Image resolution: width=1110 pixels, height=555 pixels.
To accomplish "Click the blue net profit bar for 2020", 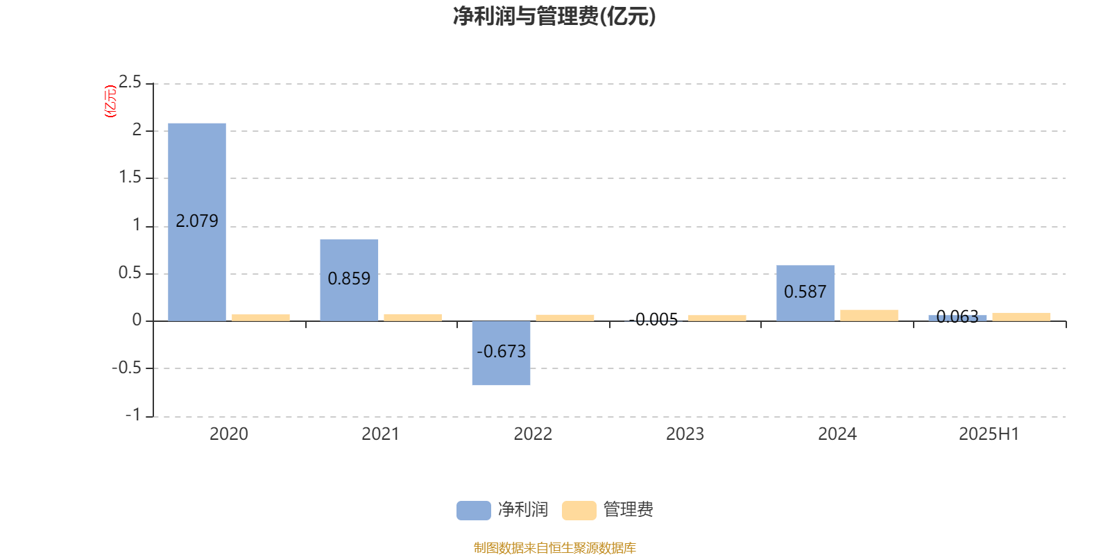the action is (x=197, y=222).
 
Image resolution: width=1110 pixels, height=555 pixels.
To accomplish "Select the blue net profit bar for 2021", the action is (x=349, y=280).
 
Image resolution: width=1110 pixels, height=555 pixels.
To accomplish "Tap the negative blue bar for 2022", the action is (x=501, y=353).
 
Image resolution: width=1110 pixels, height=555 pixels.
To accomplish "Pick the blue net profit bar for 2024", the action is (x=805, y=293).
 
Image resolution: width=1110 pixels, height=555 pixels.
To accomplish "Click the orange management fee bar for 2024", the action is (x=869, y=316).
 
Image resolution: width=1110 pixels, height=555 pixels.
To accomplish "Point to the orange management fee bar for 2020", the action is (x=261, y=318).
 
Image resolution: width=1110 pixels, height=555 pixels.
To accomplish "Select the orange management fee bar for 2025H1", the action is (x=1021, y=317).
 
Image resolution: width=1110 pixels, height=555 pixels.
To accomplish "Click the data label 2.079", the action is (x=197, y=221).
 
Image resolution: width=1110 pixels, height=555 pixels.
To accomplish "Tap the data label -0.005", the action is (x=654, y=320).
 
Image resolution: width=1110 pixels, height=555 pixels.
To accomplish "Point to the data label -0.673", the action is (x=501, y=351).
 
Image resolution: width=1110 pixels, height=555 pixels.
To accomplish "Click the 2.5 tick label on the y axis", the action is (x=130, y=82).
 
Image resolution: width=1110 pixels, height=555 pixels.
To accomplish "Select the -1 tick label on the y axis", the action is (x=133, y=415).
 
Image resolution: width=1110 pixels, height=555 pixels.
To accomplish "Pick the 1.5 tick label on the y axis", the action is (x=130, y=177).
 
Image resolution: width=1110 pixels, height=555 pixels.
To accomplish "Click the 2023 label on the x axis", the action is (x=685, y=434).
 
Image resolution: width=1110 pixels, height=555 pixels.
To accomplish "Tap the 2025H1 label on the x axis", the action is (x=989, y=434).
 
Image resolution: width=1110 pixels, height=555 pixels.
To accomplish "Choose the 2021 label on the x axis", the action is (x=381, y=434).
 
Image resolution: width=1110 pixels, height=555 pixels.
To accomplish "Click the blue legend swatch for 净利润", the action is (x=474, y=511).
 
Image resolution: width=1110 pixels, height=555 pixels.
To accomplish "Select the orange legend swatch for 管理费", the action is (x=579, y=511).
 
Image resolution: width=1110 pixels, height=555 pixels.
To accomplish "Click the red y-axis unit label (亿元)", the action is (x=110, y=101).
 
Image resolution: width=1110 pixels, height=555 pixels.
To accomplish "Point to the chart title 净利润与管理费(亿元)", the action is (x=554, y=17).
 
